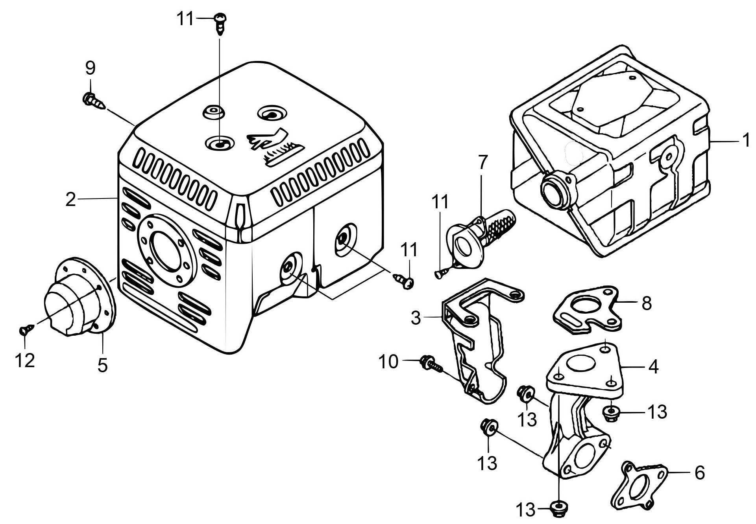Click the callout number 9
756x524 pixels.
(90, 68)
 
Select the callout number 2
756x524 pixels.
(70, 200)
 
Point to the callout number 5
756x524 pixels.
(102, 365)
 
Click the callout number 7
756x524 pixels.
(482, 162)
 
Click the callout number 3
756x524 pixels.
(416, 318)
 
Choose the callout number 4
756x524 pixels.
(653, 367)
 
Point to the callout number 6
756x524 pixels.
(699, 473)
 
